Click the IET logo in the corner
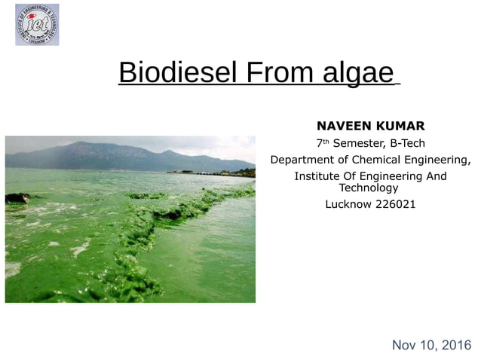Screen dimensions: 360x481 click(37, 25)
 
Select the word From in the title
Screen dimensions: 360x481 click(277, 73)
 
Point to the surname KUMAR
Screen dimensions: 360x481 click(399, 126)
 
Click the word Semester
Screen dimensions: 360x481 click(358, 143)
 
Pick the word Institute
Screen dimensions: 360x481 click(317, 176)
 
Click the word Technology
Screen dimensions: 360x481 click(369, 188)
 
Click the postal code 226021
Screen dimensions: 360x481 click(395, 204)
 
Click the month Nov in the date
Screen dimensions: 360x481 click(405, 346)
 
